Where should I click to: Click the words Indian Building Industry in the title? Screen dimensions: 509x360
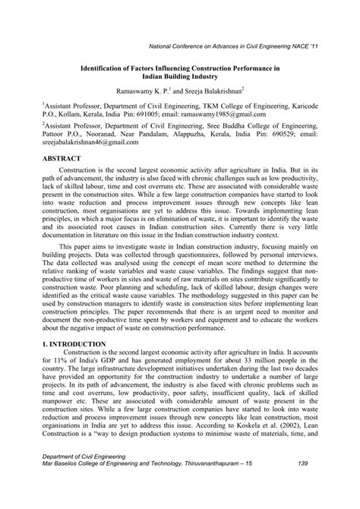click(180, 75)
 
